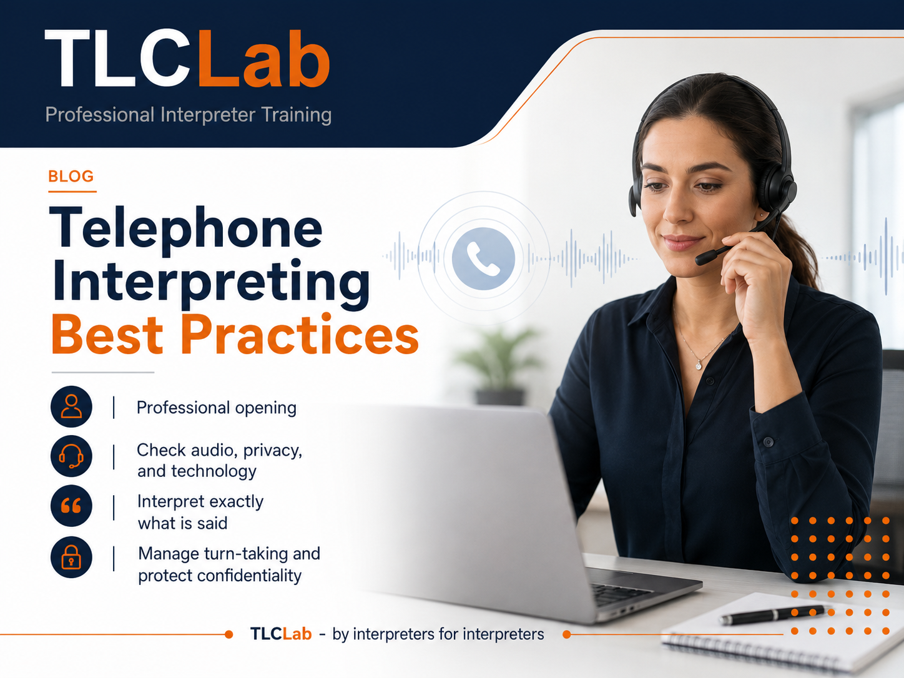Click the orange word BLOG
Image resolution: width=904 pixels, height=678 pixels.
click(x=71, y=176)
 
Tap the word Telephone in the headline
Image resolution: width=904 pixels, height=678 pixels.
click(x=186, y=228)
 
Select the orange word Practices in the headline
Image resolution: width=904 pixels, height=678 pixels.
click(x=300, y=333)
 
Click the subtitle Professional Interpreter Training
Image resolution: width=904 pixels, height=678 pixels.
click(x=188, y=114)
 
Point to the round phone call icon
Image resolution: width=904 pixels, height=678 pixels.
click(x=483, y=258)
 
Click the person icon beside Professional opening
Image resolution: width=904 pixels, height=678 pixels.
click(x=71, y=406)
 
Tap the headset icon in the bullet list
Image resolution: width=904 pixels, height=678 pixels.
click(x=71, y=456)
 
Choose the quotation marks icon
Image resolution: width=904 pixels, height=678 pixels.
click(x=71, y=506)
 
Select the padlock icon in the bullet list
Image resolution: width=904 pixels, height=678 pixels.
click(x=71, y=557)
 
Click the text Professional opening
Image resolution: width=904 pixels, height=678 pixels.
click(x=216, y=408)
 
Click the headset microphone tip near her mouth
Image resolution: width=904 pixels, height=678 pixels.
click(x=705, y=258)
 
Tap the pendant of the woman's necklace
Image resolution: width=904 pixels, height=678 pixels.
click(x=699, y=365)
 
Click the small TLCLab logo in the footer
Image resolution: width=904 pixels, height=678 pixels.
click(x=281, y=634)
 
